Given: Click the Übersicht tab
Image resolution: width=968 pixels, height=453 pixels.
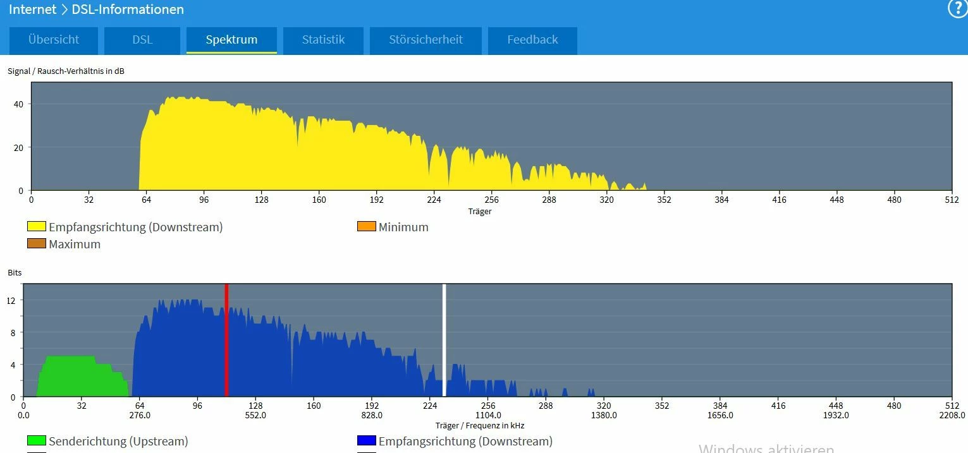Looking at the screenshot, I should tap(54, 40).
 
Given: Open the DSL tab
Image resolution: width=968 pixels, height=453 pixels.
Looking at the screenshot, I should tap(142, 40).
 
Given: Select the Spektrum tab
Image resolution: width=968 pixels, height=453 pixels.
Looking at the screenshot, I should tap(231, 40).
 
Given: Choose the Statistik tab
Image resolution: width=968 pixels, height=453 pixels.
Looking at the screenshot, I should tap(323, 40).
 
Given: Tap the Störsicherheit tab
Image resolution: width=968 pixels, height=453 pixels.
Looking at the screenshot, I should tap(426, 40).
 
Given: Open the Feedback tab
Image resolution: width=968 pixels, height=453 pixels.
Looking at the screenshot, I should tap(532, 40).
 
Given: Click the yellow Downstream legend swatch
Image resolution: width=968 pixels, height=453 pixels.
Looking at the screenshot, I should tap(37, 227).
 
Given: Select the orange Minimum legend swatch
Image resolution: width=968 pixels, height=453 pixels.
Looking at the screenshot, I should tap(367, 227).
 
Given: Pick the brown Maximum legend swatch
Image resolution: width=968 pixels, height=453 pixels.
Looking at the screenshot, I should tap(37, 244).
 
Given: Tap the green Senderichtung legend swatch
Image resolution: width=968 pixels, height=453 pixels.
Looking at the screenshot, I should tap(37, 441).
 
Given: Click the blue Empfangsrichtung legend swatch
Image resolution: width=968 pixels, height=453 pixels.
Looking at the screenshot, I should tap(367, 441).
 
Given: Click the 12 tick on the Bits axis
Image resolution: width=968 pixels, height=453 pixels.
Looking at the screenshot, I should tap(11, 301).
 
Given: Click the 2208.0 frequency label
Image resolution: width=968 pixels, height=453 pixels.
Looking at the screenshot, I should tap(952, 416).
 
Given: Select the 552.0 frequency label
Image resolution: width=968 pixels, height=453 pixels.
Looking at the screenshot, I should tap(255, 416).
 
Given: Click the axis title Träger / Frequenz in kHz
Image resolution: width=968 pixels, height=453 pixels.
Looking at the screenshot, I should tap(480, 426).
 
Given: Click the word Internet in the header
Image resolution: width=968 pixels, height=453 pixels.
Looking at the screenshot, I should tap(32, 9).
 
